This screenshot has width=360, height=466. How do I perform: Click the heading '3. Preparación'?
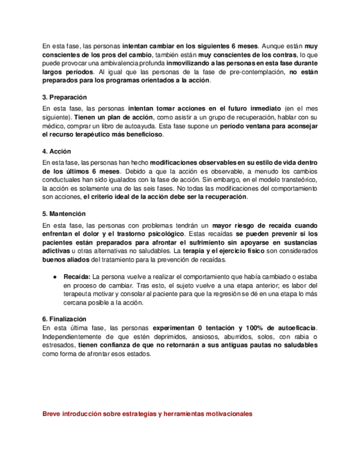click(65, 97)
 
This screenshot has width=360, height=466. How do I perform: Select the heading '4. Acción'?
click(56, 151)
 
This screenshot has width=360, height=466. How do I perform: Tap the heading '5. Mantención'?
click(64, 214)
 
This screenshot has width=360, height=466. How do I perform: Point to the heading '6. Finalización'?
click(64, 319)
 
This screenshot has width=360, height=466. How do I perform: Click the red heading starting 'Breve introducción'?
click(147, 414)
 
